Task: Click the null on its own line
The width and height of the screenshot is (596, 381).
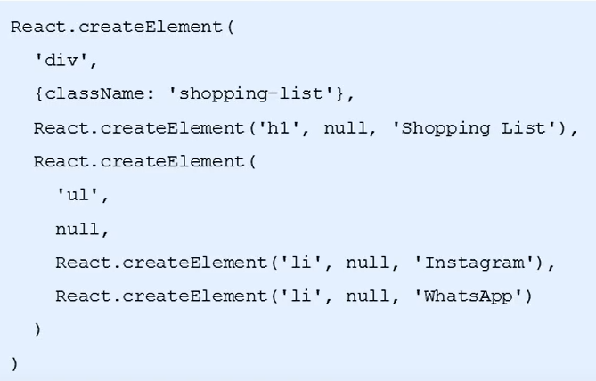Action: coord(78,229)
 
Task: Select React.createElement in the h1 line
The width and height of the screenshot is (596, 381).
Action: coord(139,128)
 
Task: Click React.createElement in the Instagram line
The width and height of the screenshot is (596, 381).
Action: coord(161,263)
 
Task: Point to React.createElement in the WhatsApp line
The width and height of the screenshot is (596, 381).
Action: coord(161,296)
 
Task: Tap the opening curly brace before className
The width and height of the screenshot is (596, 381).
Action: coord(38,94)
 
